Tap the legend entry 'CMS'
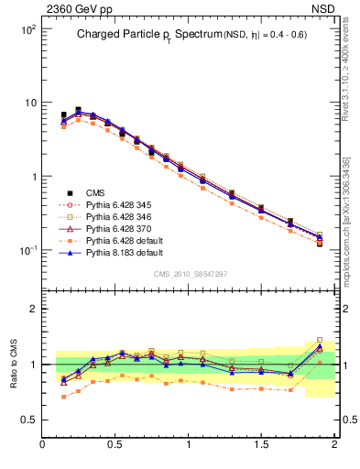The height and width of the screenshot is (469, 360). (94, 192)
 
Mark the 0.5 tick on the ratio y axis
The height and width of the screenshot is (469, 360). (29, 420)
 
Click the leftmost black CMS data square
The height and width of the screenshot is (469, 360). (63, 115)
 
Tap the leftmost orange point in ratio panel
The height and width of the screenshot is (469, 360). (63, 397)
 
